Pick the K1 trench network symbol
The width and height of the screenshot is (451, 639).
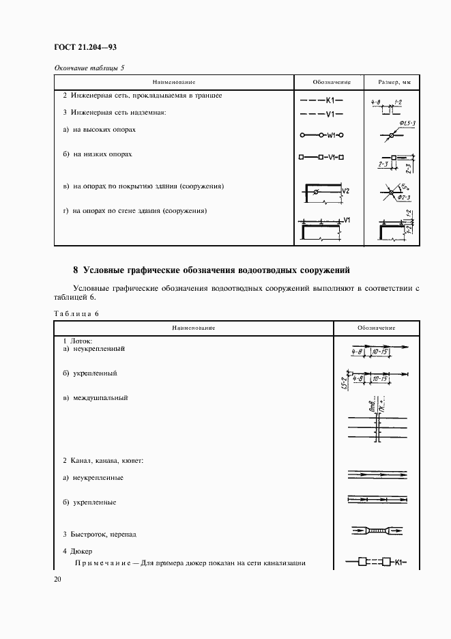click(321, 100)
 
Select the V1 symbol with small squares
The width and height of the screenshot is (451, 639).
click(321, 156)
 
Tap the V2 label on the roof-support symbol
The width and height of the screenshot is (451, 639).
click(346, 191)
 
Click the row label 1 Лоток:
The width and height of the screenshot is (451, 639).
click(77, 340)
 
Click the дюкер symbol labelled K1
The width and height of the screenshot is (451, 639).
click(376, 563)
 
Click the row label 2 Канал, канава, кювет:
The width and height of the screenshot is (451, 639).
click(103, 461)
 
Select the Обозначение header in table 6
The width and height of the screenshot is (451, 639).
click(376, 328)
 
